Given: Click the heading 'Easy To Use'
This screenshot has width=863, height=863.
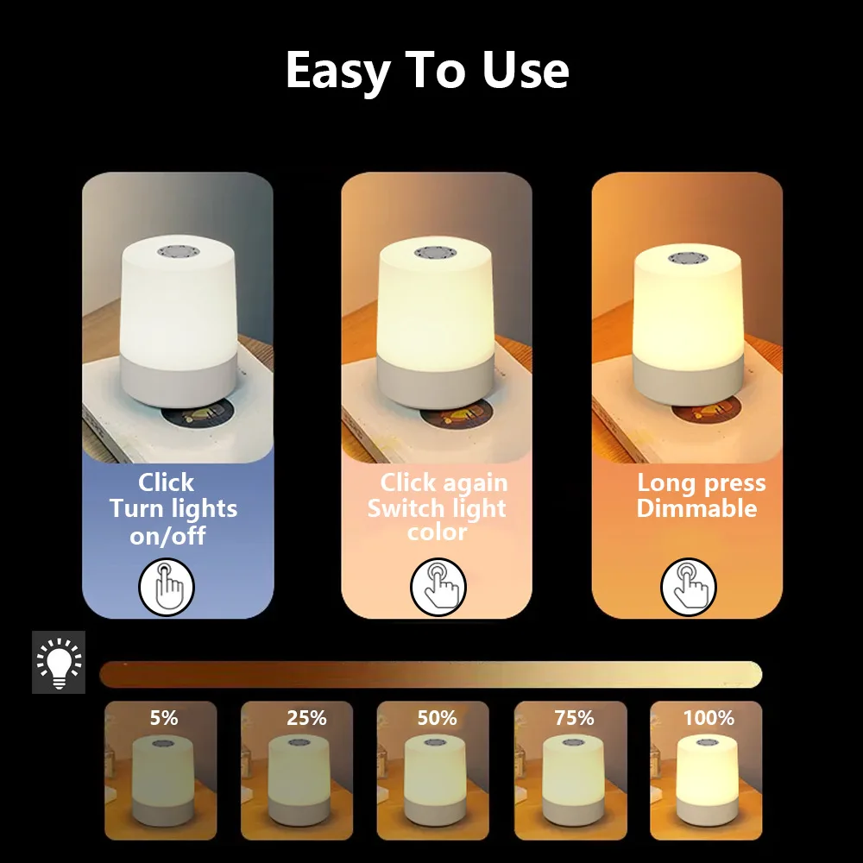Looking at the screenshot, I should pos(427,71).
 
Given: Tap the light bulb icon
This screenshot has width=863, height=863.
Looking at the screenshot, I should pos(59,663).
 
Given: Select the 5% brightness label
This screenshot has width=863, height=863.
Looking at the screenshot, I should pos(163,717).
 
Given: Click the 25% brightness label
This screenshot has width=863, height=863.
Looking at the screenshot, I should pos(306,717).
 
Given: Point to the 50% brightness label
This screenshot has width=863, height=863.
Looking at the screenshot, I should pos(437,717).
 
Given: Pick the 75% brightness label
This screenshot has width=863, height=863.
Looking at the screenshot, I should pos(574,717).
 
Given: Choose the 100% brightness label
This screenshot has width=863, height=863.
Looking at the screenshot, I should pos(709,717).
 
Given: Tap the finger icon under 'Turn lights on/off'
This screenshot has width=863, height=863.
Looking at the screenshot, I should pos(167,588).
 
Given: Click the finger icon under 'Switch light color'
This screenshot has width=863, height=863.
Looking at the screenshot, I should pos(438,587).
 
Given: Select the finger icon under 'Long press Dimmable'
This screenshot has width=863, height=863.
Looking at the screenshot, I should pos(689,587).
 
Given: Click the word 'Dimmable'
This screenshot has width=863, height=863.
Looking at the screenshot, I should pos(696,508).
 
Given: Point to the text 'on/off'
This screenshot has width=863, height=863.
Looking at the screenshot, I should pos(167,536).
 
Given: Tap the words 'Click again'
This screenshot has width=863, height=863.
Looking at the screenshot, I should pos(444,482).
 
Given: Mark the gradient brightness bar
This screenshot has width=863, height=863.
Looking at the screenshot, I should pos(431,673).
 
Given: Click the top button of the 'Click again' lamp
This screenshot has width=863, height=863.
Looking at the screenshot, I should pos(436,252).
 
